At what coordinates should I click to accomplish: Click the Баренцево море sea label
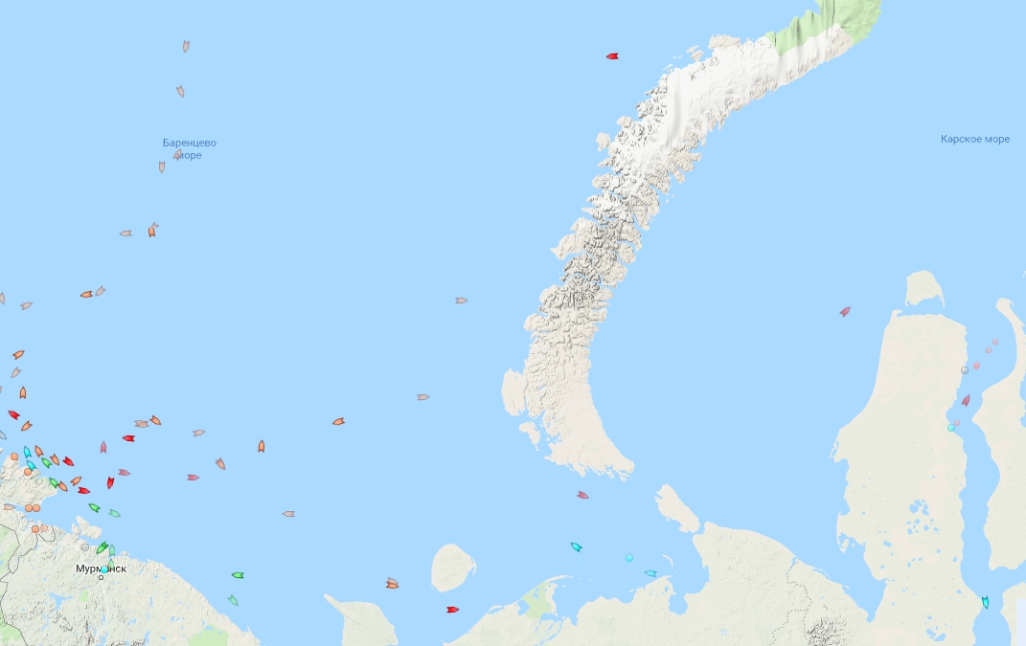pos(190,148)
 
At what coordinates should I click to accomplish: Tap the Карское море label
pos(975,139)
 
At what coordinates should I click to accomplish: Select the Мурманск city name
pos(101,568)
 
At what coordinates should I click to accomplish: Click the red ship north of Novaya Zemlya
pos(612,56)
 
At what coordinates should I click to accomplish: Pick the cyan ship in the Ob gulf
pos(985,602)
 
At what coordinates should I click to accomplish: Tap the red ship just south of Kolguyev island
pos(453,610)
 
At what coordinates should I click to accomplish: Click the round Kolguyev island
pos(452,567)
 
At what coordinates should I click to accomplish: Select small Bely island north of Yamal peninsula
pos(923,288)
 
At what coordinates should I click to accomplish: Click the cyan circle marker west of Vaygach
pos(629,557)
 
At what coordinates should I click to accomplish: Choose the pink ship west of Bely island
pos(845,311)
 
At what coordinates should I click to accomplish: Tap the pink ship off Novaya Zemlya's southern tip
pos(582,495)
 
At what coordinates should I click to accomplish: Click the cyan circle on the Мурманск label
pos(104,568)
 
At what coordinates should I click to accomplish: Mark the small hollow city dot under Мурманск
pos(101,577)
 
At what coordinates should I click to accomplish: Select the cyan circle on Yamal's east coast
pos(951,428)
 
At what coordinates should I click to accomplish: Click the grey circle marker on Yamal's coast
pos(965,370)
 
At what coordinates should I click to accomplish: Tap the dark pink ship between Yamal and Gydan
pos(966,400)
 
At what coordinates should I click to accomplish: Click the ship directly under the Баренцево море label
pos(162,167)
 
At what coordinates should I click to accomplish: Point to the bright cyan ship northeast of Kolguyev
pos(577,547)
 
